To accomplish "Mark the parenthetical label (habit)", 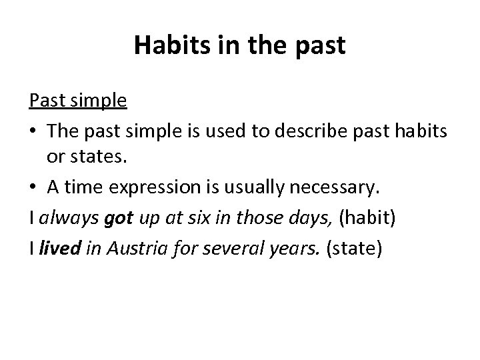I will [364, 219].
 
